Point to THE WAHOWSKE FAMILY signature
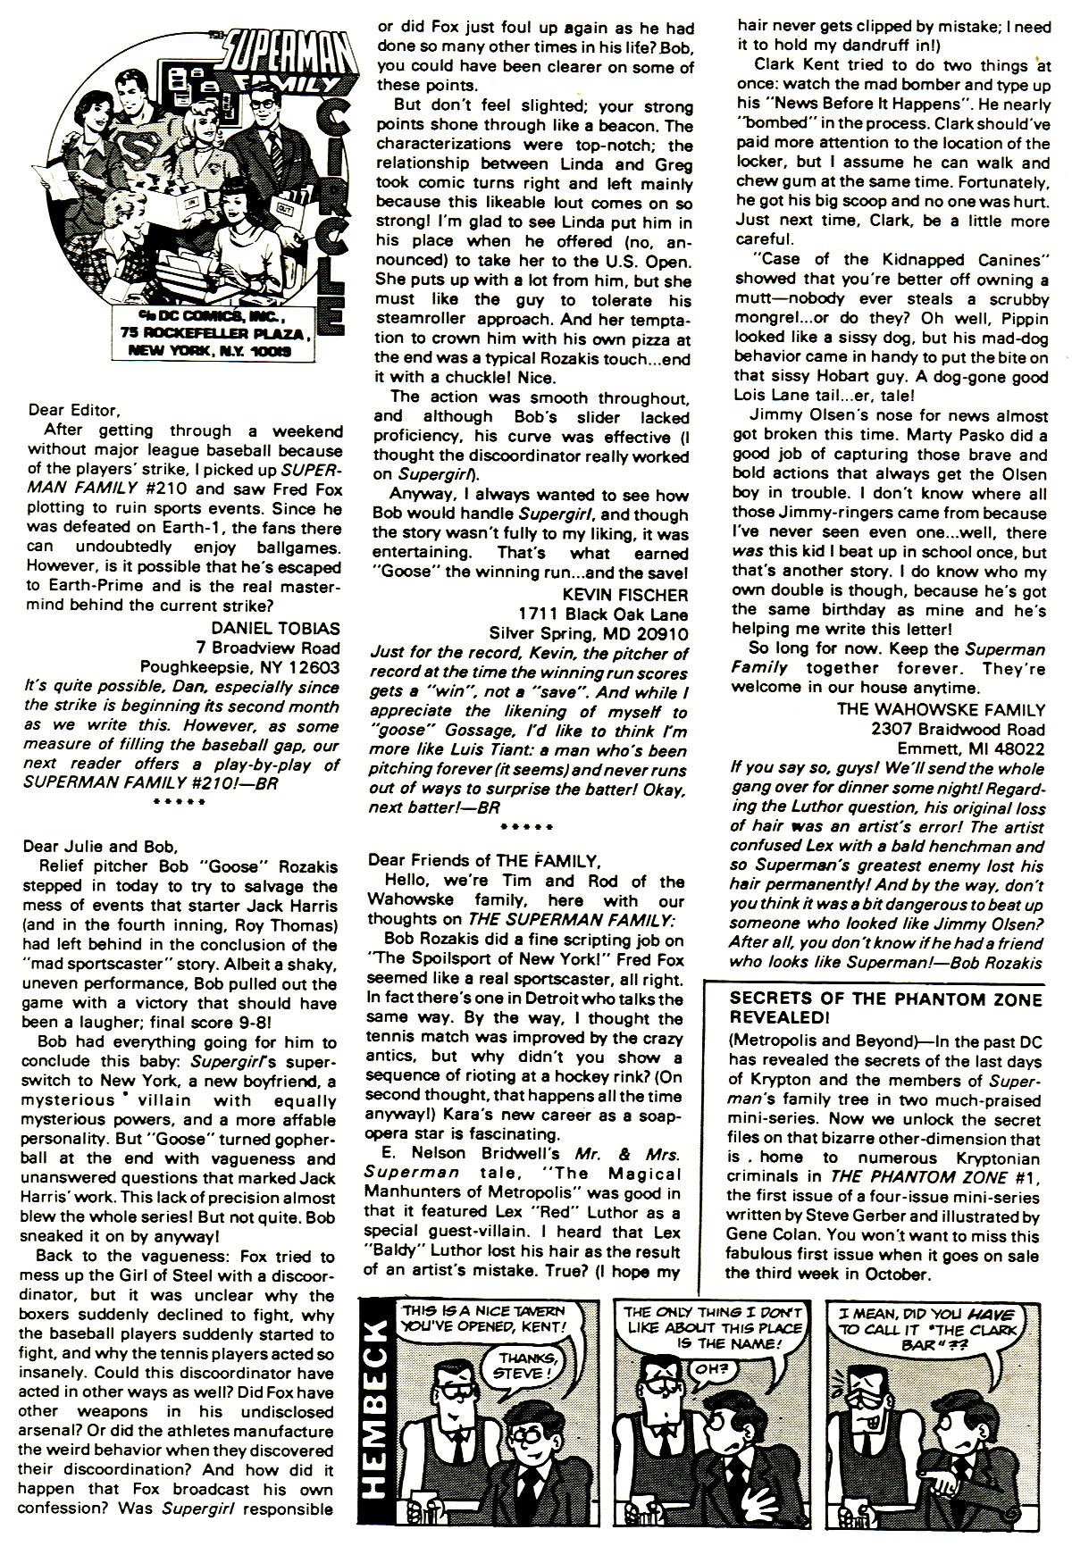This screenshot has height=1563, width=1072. pos(941,710)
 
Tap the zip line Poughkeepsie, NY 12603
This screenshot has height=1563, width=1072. pos(239,666)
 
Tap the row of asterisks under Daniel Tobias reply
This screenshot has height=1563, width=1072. pos(178,802)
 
